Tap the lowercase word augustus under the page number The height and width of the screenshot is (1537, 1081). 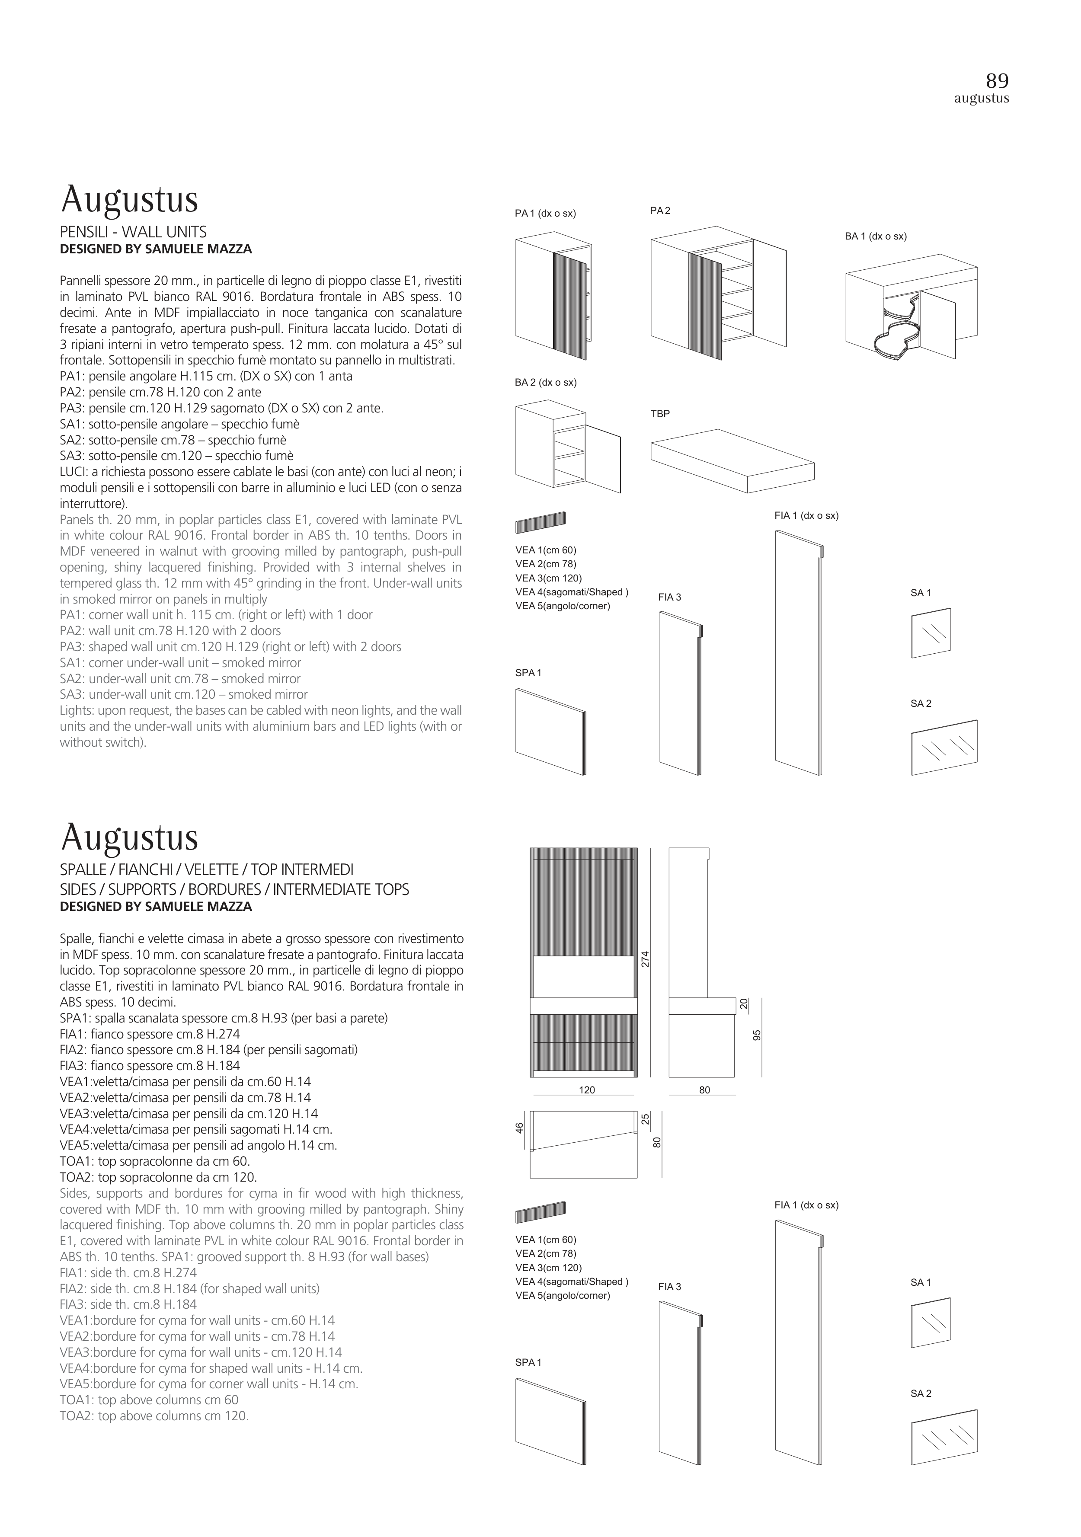981,99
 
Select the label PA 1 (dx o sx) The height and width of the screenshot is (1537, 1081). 545,214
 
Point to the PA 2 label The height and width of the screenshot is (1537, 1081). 660,211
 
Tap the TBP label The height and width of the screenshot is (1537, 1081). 660,414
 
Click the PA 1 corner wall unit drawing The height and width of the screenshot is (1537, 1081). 553,295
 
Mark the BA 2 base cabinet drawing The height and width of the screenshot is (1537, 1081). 567,446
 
